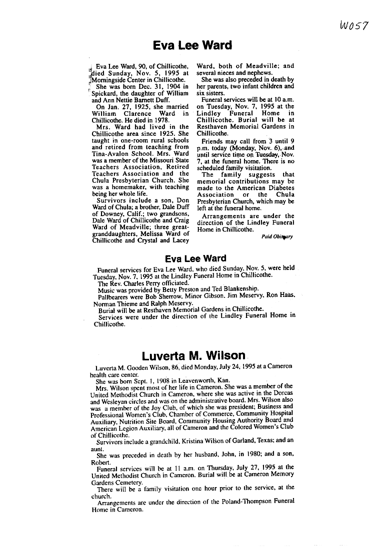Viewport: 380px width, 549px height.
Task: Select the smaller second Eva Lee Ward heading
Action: click(195, 259)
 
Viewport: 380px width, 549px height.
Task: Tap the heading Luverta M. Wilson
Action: click(194, 356)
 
